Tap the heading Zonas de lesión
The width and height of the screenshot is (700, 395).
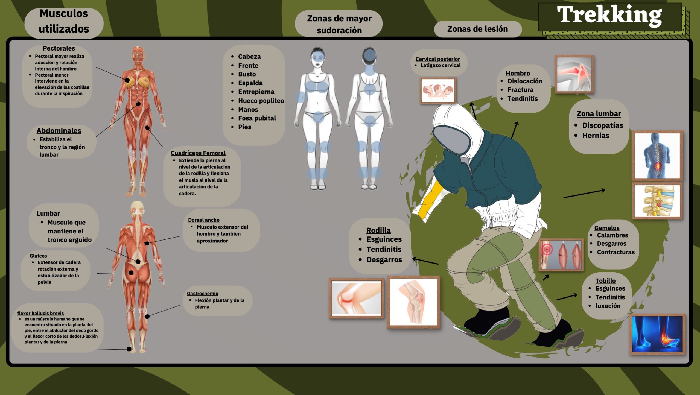tap(477, 29)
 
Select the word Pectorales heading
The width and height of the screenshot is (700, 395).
tap(59, 48)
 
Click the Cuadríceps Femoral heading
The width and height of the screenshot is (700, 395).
tap(198, 153)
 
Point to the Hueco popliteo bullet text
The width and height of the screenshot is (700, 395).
tap(261, 101)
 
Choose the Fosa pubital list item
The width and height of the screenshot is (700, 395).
tap(257, 118)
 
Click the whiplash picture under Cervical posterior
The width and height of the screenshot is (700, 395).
tap(438, 91)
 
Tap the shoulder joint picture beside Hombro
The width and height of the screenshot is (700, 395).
tap(574, 74)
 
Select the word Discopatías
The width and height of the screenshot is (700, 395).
tap(603, 125)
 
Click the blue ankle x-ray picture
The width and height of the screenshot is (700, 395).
tap(658, 334)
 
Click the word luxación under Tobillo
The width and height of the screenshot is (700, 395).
tap(608, 306)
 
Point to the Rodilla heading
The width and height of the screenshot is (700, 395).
tap(378, 230)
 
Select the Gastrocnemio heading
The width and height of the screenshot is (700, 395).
tap(203, 294)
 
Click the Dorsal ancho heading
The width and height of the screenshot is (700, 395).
tap(204, 220)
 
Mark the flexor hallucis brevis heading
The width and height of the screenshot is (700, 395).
tap(40, 314)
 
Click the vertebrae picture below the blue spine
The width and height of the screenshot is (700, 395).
tap(657, 201)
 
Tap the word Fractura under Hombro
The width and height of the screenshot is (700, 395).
tap(520, 90)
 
